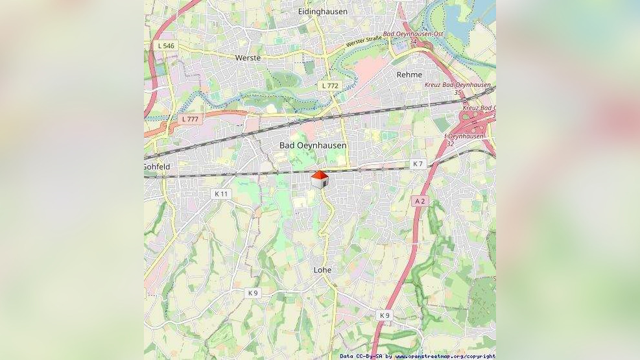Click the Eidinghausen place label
[x=322, y=12]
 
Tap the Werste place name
[x=248, y=58]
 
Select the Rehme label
[x=409, y=75]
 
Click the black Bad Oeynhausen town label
[x=313, y=145]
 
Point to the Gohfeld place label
[x=157, y=167]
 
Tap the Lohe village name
[x=322, y=270]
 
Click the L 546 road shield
[x=166, y=46]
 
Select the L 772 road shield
[x=330, y=86]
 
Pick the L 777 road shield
[x=190, y=119]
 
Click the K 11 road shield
[x=222, y=194]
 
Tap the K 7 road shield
[x=418, y=164]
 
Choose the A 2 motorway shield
[x=420, y=202]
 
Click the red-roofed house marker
[x=319, y=180]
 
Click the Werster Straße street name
[x=364, y=43]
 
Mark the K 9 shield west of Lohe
[x=253, y=293]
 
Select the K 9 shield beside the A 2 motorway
[x=385, y=315]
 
